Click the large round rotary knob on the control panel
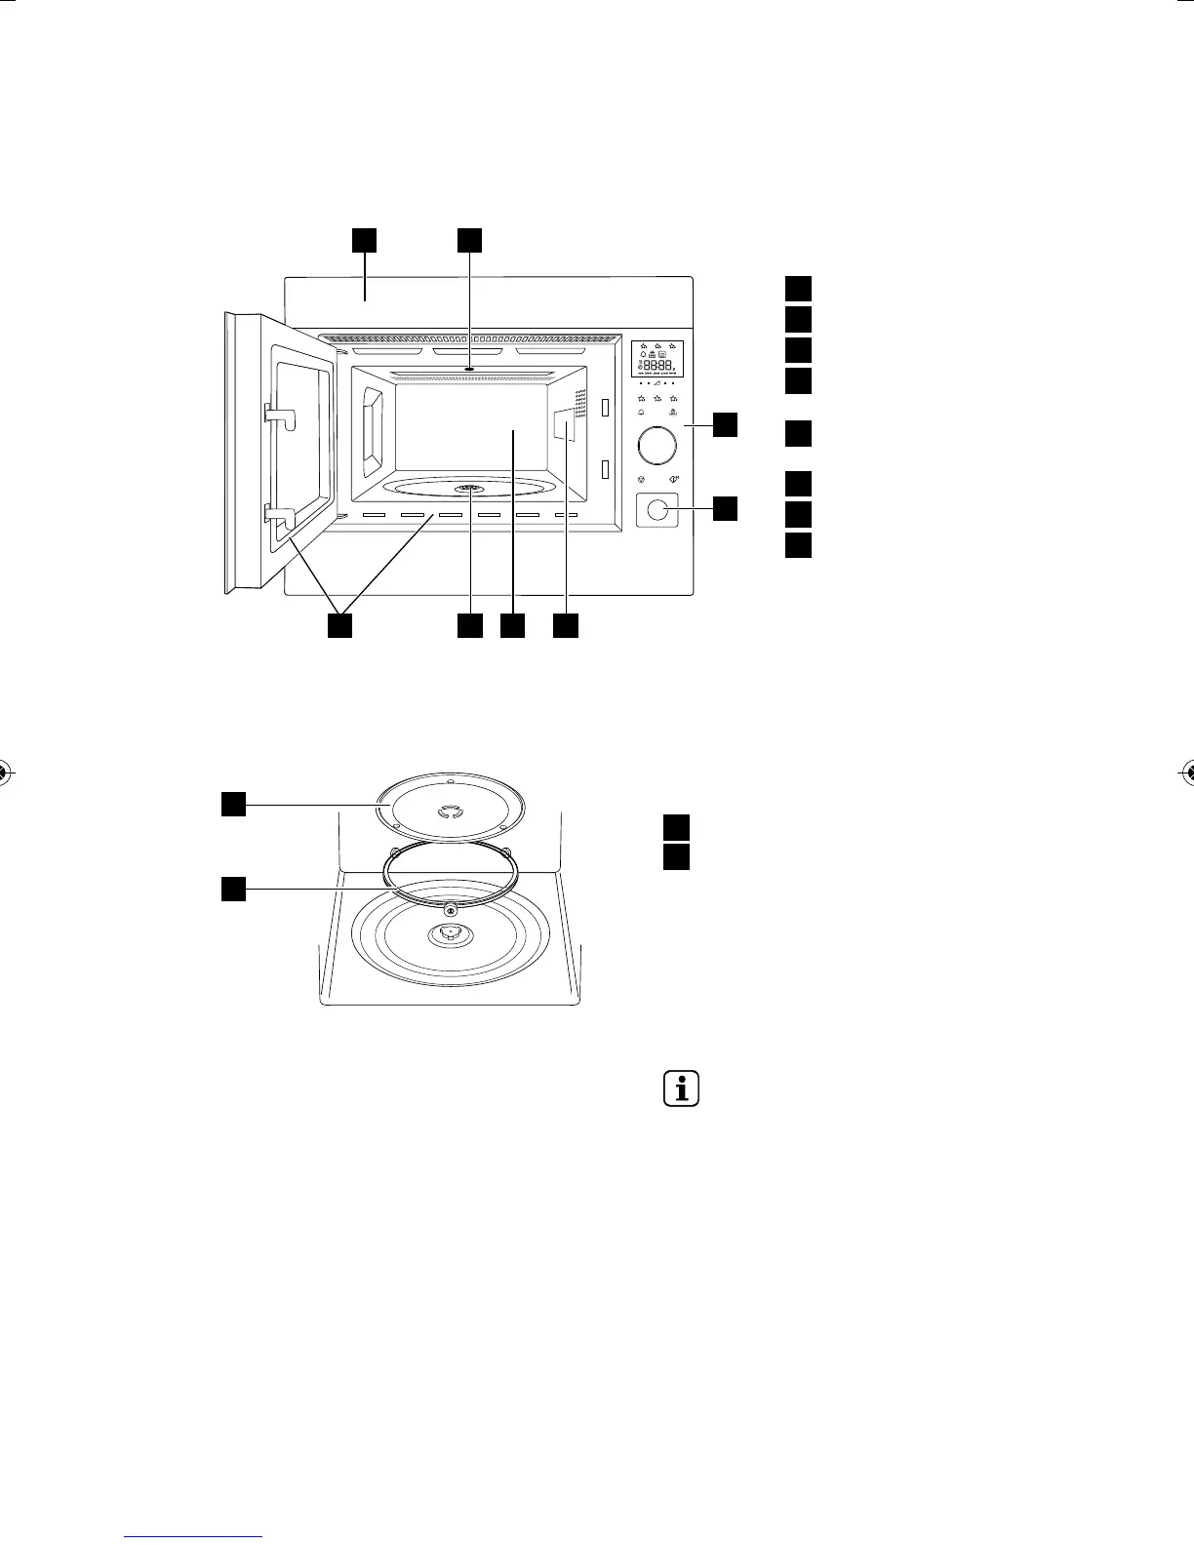657,446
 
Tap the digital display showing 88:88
657,360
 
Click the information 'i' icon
682,1089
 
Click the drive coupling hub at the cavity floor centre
448,934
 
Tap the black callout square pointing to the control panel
726,425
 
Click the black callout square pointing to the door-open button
726,507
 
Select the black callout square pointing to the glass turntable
232,803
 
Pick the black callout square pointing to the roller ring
232,889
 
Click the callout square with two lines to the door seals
339,626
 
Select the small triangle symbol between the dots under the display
657,383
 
